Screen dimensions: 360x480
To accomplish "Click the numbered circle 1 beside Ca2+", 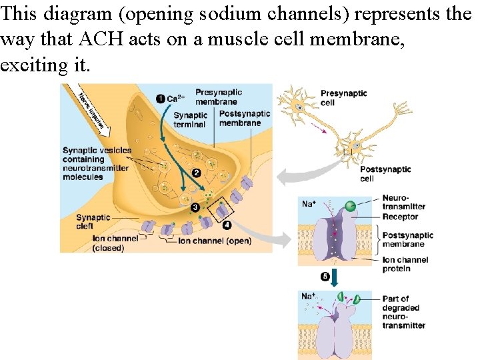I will [160, 99].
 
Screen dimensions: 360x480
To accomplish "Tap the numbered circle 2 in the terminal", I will [196, 173].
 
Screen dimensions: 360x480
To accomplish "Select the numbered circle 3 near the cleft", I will [195, 207].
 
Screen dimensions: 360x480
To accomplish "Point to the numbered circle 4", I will [227, 225].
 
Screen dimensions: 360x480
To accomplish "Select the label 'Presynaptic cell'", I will [344, 98].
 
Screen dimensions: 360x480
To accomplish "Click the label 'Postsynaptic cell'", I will [385, 174].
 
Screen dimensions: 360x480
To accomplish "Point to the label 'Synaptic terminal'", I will [191, 120].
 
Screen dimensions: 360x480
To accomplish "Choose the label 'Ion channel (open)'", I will [215, 241].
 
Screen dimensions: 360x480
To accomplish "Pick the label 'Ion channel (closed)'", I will [115, 243].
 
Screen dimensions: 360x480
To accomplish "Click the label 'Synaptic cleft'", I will [93, 221].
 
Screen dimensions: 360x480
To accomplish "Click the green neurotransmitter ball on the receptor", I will [350, 207].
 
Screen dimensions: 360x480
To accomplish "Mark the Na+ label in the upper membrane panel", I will [309, 203].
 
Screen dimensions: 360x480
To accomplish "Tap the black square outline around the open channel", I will [220, 212].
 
